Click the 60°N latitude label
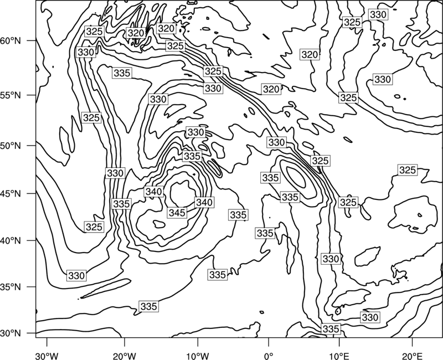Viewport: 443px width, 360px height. click(11, 41)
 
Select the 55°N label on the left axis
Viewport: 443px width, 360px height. click(11, 95)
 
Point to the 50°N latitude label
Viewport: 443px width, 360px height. click(11, 146)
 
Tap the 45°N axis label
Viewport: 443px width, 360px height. click(11, 194)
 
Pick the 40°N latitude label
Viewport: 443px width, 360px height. click(11, 241)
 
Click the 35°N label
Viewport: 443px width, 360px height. click(11, 287)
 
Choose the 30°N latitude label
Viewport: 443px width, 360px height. click(11, 333)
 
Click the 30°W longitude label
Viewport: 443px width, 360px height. click(47, 356)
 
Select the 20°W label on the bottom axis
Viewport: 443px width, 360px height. click(124, 356)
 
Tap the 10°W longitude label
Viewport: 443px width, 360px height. click(198, 356)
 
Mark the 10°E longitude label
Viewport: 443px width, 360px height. click(339, 356)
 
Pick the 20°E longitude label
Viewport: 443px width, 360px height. click(412, 356)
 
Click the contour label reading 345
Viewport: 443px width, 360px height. click(177, 213)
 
